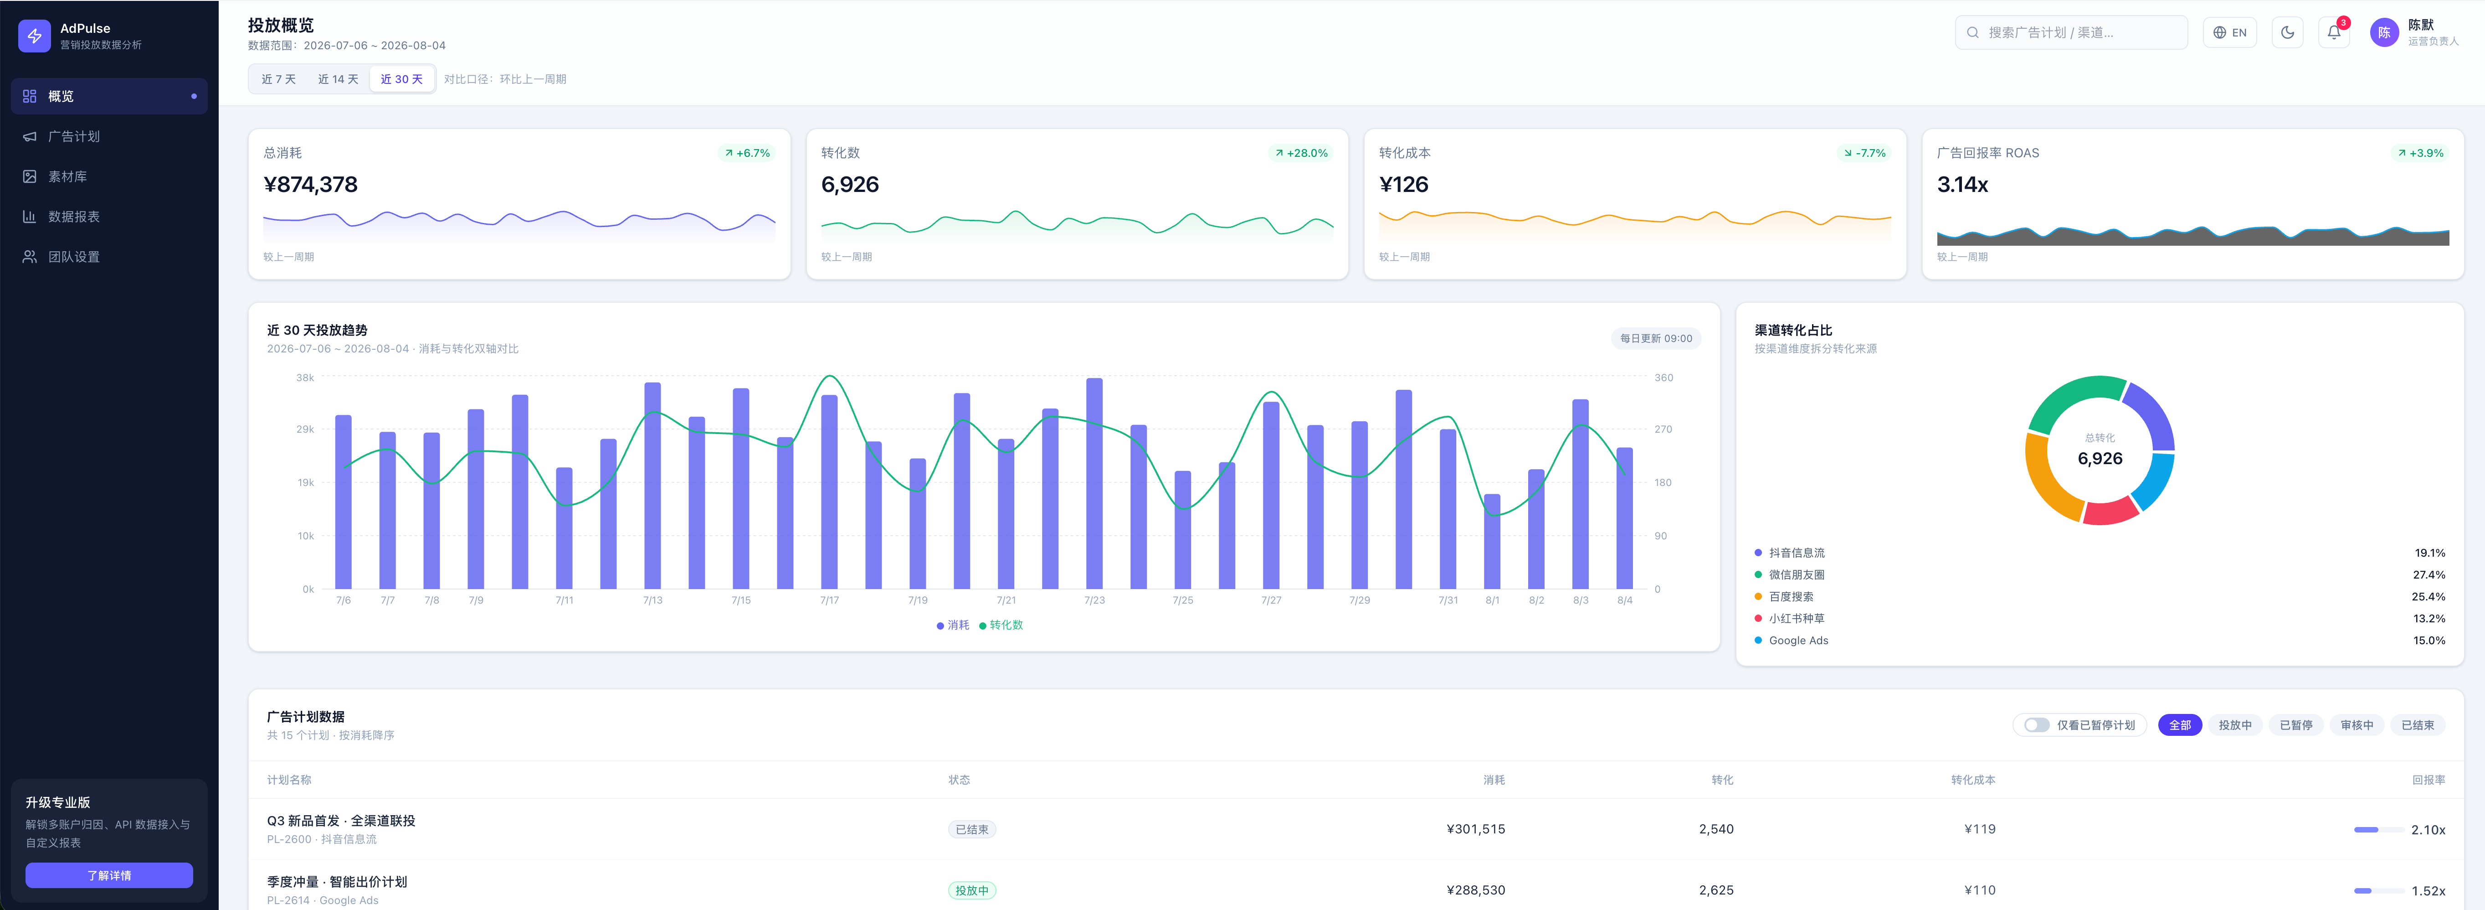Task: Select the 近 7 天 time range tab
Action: click(x=279, y=79)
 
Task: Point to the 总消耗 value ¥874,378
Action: click(x=311, y=184)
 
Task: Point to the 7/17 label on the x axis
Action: click(x=830, y=600)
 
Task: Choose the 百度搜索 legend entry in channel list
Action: click(x=1791, y=596)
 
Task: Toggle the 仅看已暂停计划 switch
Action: click(x=2036, y=725)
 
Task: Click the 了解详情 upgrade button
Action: click(x=109, y=875)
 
